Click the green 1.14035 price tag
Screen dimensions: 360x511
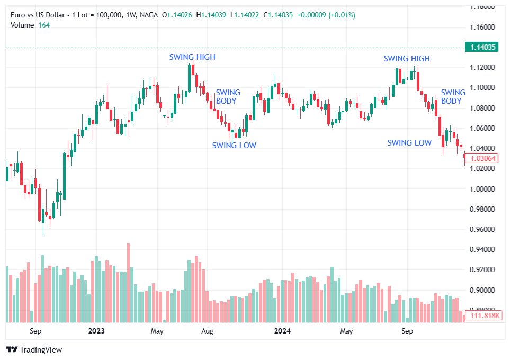(482, 47)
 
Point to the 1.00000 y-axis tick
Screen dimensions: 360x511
(482, 189)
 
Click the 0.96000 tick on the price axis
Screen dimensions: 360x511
(482, 229)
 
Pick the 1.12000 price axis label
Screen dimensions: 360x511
(482, 67)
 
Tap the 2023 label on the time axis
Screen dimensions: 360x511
(96, 331)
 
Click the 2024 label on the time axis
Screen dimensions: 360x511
(282, 331)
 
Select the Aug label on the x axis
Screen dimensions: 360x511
(207, 331)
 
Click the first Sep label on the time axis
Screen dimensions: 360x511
(35, 331)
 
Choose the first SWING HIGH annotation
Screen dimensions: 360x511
(192, 57)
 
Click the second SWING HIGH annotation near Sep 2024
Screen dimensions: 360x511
(407, 59)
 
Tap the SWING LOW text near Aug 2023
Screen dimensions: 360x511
(234, 145)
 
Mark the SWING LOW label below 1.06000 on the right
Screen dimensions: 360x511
(409, 143)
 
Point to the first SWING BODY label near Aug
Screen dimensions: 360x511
(228, 96)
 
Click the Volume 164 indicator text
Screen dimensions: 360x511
(30, 25)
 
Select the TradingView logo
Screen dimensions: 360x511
(34, 350)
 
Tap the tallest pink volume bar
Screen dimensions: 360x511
(128, 283)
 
